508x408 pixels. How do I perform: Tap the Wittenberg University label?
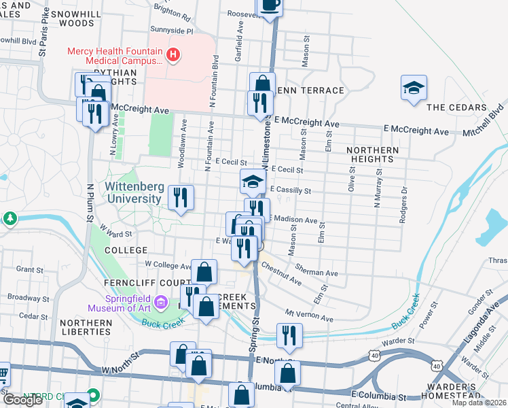(136, 192)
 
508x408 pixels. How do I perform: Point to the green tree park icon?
(10, 218)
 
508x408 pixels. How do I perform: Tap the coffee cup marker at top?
(270, 4)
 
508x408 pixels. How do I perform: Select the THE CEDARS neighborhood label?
(456, 107)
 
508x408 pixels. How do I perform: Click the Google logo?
(23, 399)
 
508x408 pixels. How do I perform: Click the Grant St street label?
(29, 269)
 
